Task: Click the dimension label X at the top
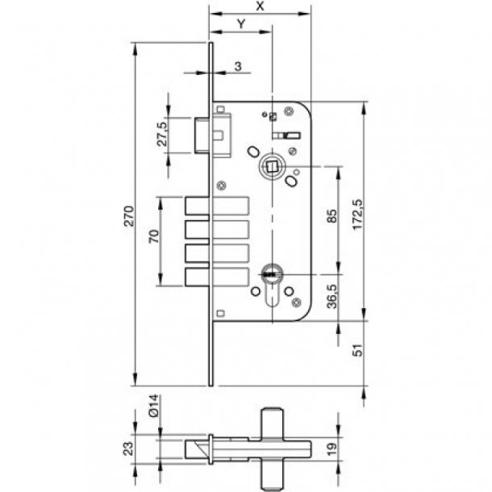coord(259,6)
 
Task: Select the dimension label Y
coord(240,24)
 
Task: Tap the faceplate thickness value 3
coord(239,65)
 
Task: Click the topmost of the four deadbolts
coord(216,206)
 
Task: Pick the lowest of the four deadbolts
coord(216,276)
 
